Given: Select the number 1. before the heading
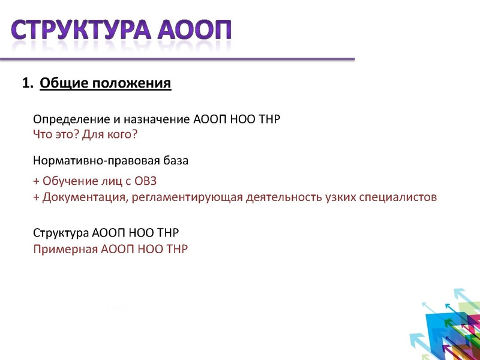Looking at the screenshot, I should (x=27, y=83).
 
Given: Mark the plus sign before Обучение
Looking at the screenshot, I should (x=36, y=181).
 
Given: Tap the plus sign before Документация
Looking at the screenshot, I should (x=36, y=197).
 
